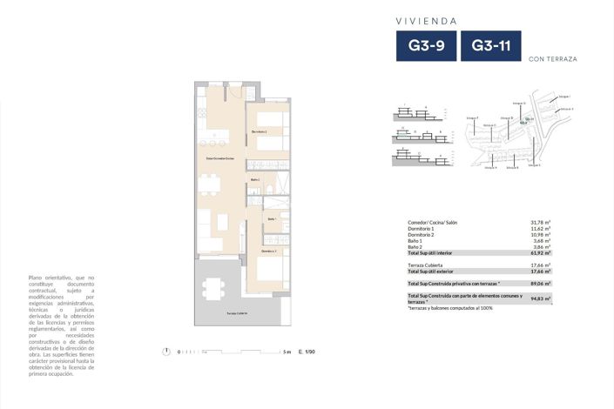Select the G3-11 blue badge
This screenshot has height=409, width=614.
490,46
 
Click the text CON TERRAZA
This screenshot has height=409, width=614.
552,59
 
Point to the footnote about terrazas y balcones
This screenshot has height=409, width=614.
449,307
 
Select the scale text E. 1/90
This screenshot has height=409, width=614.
305,352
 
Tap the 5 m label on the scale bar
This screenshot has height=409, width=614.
287,352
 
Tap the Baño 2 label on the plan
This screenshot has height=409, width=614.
255,180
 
